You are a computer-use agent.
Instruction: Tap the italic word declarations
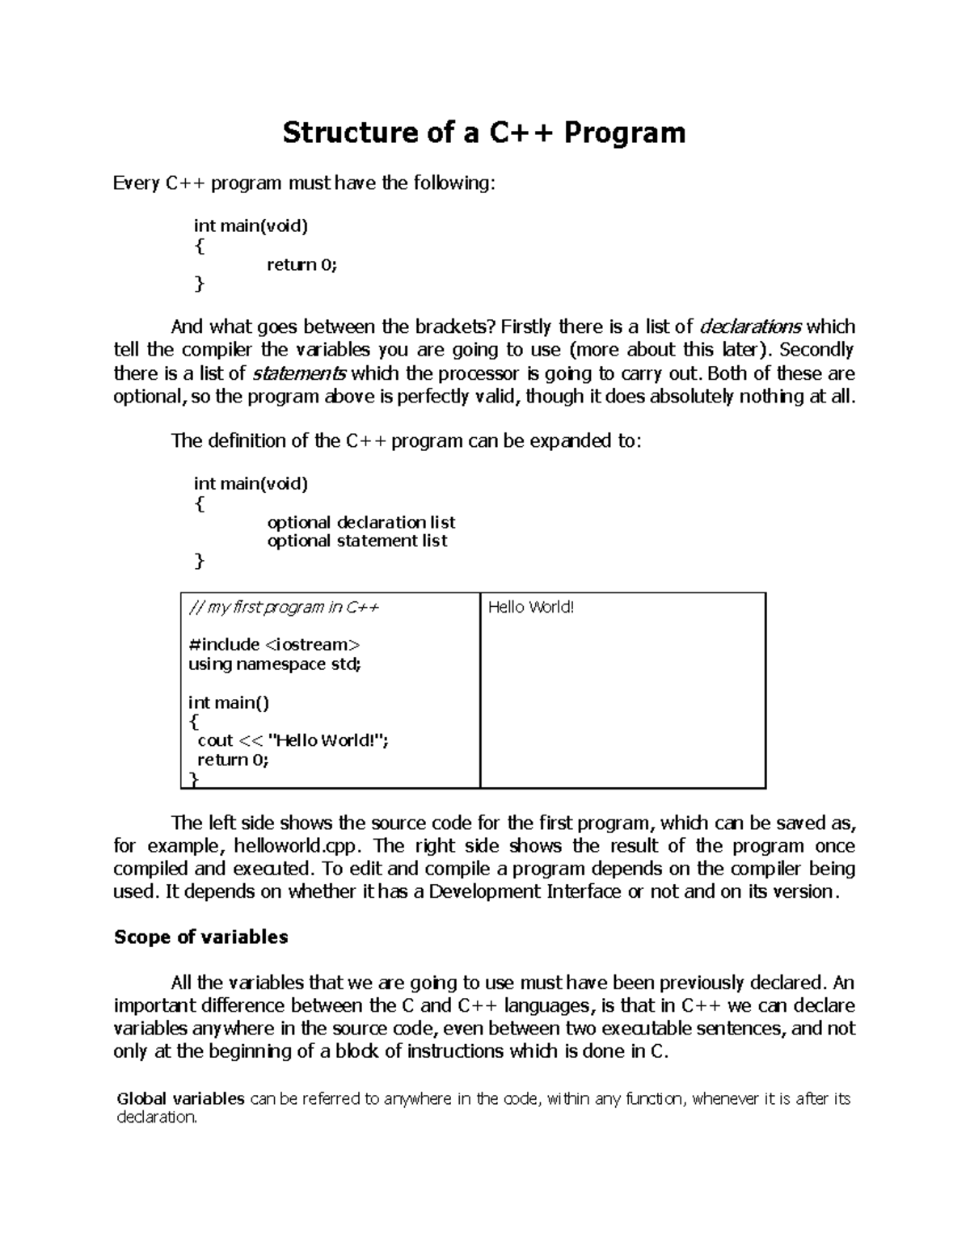[x=750, y=327]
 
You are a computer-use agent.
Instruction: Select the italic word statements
[x=300, y=373]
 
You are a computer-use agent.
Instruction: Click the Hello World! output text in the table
[x=531, y=608]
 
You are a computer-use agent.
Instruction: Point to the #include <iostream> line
[x=274, y=645]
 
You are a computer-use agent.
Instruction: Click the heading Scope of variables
[x=201, y=937]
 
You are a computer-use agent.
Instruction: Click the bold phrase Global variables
[x=180, y=1099]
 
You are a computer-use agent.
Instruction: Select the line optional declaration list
[x=361, y=522]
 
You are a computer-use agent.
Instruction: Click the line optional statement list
[x=357, y=541]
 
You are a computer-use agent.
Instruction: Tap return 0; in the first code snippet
[x=302, y=265]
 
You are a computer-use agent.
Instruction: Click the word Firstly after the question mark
[x=526, y=327]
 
